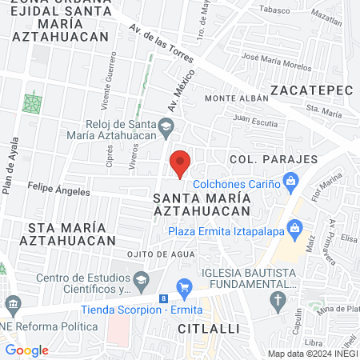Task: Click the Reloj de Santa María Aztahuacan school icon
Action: point(166,126)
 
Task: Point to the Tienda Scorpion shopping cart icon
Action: point(185,286)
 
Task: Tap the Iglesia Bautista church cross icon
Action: point(278,301)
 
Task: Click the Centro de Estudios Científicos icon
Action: point(142,279)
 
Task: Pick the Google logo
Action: point(26,350)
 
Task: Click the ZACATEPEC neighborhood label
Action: point(311,90)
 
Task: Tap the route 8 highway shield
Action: point(164,299)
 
